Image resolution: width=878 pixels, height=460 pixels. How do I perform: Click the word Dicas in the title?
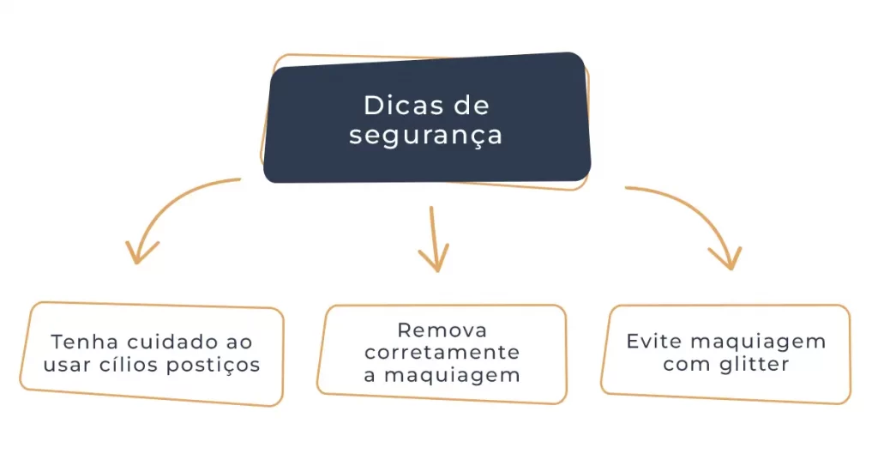point(398,106)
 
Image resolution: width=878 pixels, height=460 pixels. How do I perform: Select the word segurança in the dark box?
point(425,136)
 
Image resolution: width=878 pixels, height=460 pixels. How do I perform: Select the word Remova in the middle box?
point(442,330)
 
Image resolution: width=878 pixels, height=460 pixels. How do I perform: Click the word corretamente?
point(442,353)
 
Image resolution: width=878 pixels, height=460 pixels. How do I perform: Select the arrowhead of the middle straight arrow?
point(435,260)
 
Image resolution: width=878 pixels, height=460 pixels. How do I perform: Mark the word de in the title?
point(471,106)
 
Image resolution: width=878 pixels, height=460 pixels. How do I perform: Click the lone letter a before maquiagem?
point(370,376)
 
